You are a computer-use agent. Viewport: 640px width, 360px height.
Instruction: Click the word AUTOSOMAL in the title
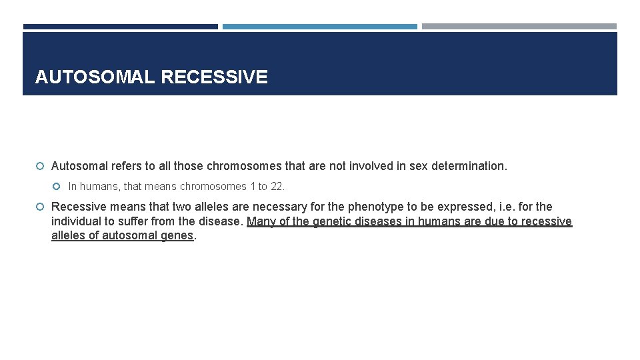tap(95, 77)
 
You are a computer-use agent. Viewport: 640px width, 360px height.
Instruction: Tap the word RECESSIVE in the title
tap(214, 77)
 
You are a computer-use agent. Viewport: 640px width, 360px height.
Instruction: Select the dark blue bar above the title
tap(120, 27)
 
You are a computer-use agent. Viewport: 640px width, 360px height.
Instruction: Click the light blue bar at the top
tap(319, 27)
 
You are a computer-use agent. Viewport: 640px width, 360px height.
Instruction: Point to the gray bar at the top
tap(519, 27)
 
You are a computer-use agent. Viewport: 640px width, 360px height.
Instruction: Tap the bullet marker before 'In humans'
tap(59, 187)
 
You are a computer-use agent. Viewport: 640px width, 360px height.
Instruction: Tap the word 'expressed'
tap(463, 207)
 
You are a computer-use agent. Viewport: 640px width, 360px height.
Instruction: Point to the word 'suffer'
tap(139, 221)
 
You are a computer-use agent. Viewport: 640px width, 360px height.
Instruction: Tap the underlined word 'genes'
tap(176, 235)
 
